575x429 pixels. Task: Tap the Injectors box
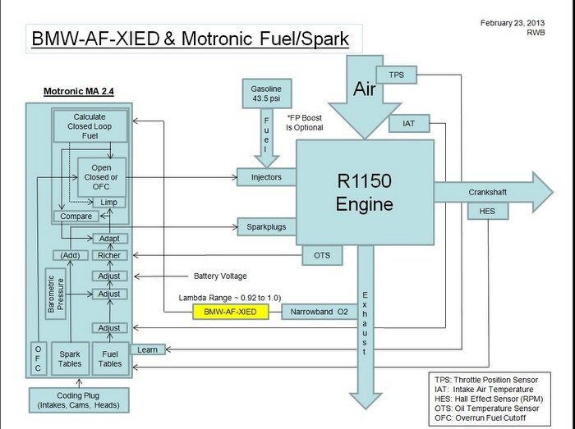266,176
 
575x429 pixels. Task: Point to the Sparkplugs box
266,226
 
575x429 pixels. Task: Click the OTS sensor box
322,256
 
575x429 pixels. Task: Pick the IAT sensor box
408,125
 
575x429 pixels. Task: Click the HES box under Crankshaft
481,212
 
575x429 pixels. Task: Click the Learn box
147,349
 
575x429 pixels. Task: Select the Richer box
109,255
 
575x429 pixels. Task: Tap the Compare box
76,217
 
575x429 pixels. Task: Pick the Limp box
109,202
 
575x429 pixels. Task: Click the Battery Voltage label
220,276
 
